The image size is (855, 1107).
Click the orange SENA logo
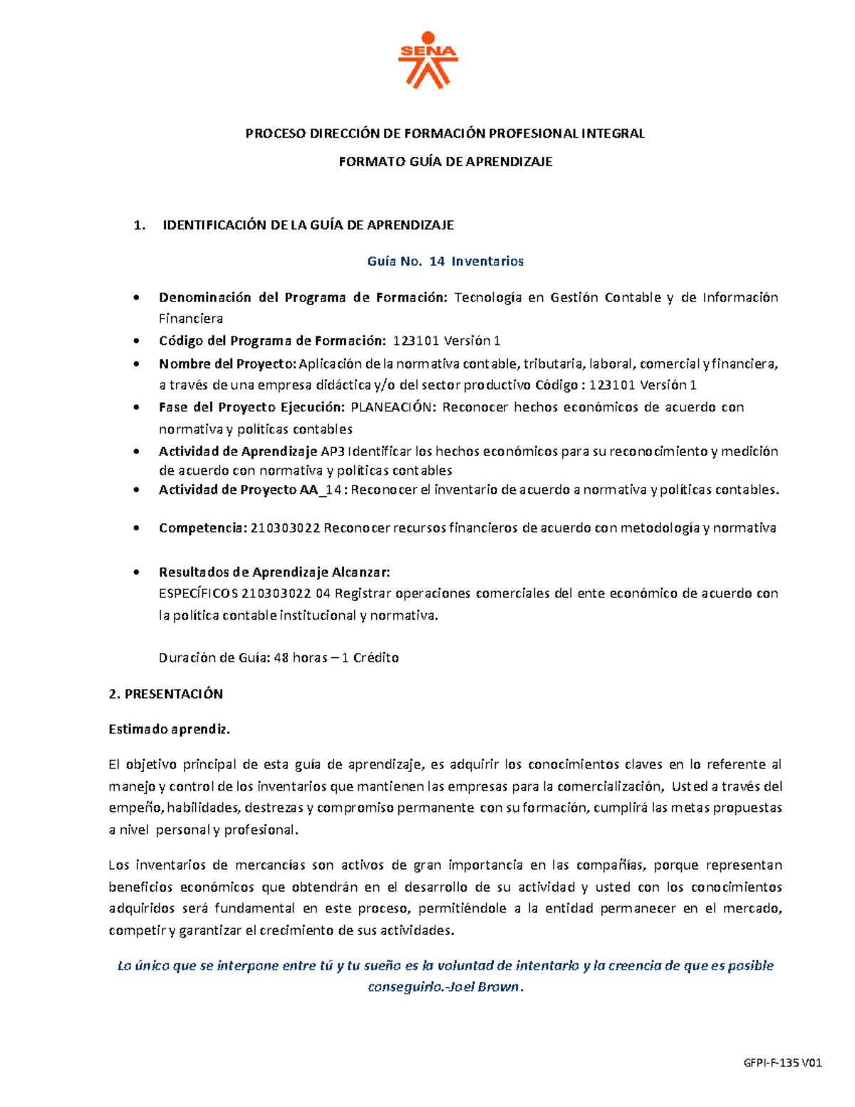click(x=427, y=60)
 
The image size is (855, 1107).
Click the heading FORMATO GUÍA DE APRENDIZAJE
click(x=445, y=162)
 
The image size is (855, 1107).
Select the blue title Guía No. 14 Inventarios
click(x=445, y=262)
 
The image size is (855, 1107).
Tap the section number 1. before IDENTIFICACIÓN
click(x=140, y=225)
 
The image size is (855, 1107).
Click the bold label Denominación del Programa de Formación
click(x=301, y=298)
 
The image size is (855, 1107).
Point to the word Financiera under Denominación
click(x=190, y=319)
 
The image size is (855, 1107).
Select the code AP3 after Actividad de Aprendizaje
click(x=333, y=451)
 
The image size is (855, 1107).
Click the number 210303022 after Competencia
click(x=286, y=528)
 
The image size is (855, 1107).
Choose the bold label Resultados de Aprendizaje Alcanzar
click(x=274, y=572)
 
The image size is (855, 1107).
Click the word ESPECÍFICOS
click(x=199, y=594)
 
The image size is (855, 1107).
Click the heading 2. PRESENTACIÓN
click(x=165, y=694)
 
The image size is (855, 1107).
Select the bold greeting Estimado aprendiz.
click(x=169, y=729)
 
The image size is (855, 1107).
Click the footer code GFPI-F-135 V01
click(x=782, y=1063)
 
